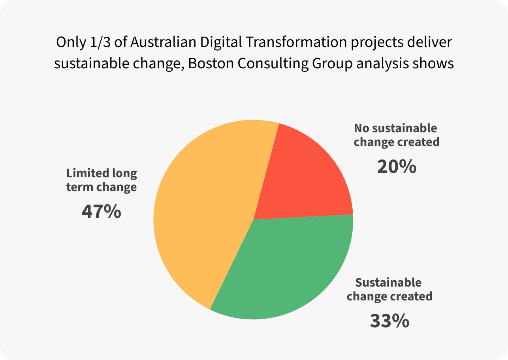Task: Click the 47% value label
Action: (101, 211)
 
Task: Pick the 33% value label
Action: (389, 321)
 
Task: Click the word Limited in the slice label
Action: (87, 173)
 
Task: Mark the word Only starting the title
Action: (70, 42)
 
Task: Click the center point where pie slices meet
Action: (253, 219)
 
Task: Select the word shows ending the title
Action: (434, 64)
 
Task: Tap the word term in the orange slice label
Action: (77, 187)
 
